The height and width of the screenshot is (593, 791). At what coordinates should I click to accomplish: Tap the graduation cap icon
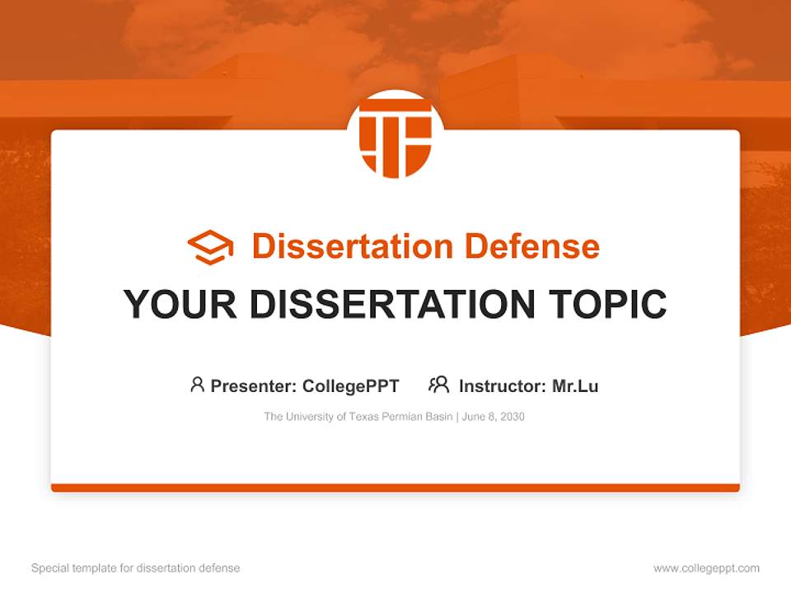(210, 246)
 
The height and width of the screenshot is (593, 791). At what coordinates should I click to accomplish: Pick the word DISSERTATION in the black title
(391, 305)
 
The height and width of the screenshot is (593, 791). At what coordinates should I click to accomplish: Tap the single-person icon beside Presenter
(197, 385)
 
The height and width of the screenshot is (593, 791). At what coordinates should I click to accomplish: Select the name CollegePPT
(351, 385)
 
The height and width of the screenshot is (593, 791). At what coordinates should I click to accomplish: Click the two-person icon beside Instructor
(438, 385)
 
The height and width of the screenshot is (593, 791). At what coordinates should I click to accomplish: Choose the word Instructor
(502, 385)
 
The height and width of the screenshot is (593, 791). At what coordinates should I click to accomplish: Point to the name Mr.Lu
(575, 385)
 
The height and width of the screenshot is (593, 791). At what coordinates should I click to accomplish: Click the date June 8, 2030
(494, 417)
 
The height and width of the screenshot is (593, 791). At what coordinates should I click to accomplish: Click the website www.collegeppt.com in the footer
(706, 568)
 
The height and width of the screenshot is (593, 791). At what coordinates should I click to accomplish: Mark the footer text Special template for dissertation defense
(135, 568)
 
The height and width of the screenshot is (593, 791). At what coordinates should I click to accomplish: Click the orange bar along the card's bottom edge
(395, 488)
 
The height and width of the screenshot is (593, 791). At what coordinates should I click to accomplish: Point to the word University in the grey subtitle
(311, 417)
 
